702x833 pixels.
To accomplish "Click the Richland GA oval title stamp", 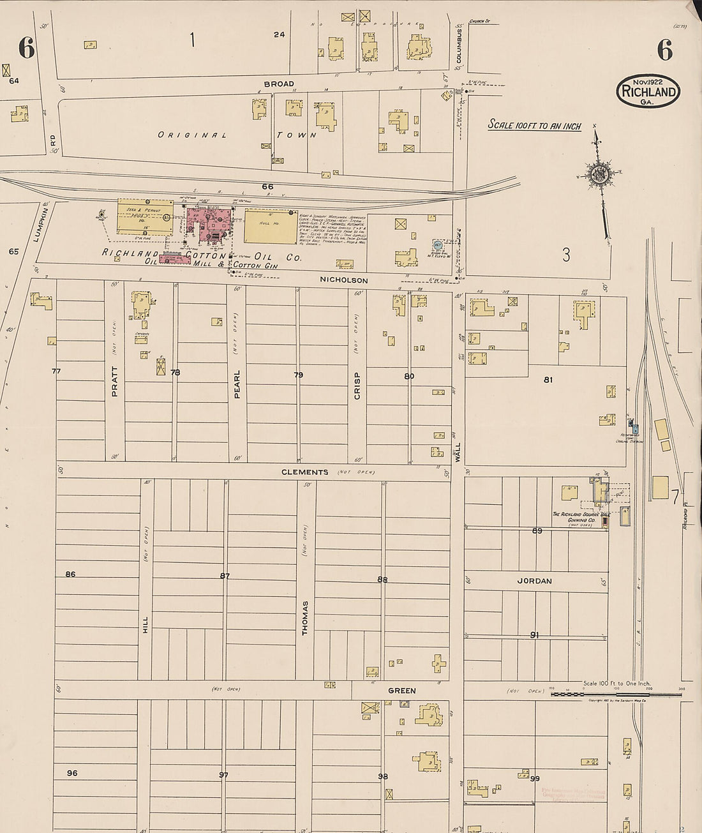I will [648, 91].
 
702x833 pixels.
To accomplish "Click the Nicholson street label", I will [344, 280].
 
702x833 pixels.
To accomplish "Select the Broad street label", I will [279, 84].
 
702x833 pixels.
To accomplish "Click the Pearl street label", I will [237, 384].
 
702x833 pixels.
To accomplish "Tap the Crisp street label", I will [357, 386].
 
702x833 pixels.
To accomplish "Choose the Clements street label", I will [305, 472].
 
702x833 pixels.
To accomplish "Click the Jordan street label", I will [534, 581].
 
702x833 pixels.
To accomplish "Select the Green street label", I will [401, 691].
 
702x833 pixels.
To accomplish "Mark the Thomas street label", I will [305, 617].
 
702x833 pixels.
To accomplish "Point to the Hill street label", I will [146, 624].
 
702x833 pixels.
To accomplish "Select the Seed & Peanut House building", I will [145, 217].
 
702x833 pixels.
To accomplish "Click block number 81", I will [548, 380].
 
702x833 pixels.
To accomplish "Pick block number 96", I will [72, 773].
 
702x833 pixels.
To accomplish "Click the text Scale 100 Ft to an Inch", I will [534, 125].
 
